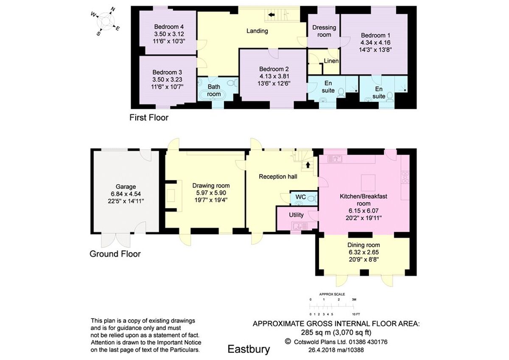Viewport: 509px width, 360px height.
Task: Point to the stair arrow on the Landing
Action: (x=271, y=16)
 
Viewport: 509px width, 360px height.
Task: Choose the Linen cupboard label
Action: (x=331, y=61)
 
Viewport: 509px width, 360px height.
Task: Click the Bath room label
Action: (x=214, y=90)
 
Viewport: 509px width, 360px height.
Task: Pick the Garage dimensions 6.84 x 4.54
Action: (x=126, y=194)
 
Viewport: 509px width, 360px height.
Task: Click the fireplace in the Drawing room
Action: (x=173, y=196)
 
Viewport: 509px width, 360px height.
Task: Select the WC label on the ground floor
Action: (x=300, y=197)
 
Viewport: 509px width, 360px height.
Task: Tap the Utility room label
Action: (x=296, y=215)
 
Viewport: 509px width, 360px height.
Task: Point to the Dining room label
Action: (x=364, y=245)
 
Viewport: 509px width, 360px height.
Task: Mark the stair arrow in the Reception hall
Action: (x=308, y=163)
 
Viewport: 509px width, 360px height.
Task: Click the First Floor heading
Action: (x=149, y=118)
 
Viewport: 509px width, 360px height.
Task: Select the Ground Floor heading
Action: (x=115, y=254)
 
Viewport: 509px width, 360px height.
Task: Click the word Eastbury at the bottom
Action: (x=249, y=349)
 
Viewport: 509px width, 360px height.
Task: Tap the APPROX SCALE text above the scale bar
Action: (x=332, y=294)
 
